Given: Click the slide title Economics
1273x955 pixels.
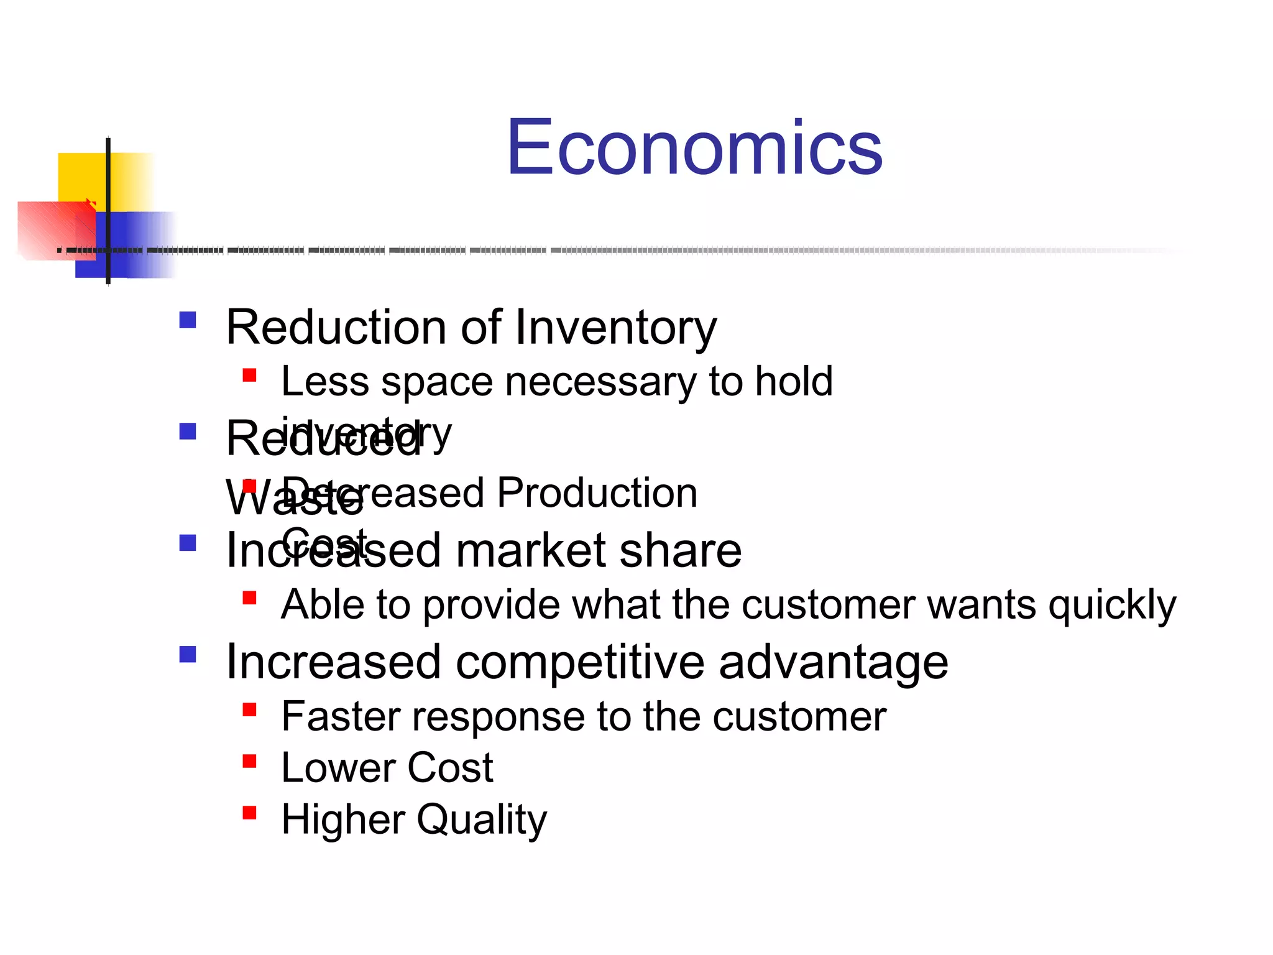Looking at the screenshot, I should [x=694, y=147].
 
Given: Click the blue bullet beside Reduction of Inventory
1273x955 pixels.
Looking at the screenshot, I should [x=188, y=320].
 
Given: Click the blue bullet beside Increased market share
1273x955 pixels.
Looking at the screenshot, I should [x=188, y=543].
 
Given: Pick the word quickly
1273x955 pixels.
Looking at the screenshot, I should [x=1112, y=605].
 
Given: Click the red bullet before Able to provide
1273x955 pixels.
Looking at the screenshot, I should [x=250, y=598].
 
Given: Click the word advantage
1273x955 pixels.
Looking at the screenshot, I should [x=833, y=662].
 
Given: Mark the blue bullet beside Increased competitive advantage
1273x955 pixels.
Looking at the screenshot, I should [x=188, y=654].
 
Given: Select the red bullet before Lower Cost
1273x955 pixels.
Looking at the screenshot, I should [x=250, y=761].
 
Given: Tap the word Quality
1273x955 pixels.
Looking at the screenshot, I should [x=482, y=820].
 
